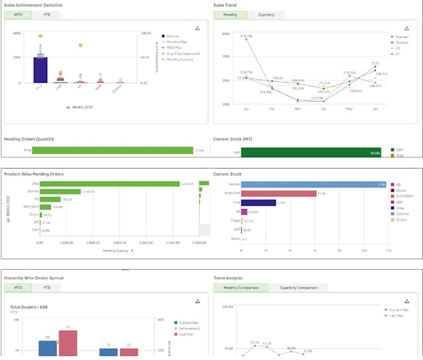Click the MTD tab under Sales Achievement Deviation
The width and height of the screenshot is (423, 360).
point(18,14)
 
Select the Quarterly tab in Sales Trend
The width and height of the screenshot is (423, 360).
point(266,14)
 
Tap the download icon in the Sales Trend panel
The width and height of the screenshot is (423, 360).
point(407,28)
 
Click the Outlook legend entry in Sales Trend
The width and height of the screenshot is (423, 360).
point(394,42)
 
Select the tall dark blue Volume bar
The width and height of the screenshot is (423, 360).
point(40,70)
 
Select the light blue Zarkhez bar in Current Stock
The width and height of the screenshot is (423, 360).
point(314,184)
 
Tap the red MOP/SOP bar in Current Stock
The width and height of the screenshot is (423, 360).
point(279,193)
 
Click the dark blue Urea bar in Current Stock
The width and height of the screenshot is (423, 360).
point(258,203)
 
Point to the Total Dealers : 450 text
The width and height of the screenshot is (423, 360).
point(29,307)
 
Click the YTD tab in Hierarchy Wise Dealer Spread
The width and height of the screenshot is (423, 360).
point(47,288)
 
